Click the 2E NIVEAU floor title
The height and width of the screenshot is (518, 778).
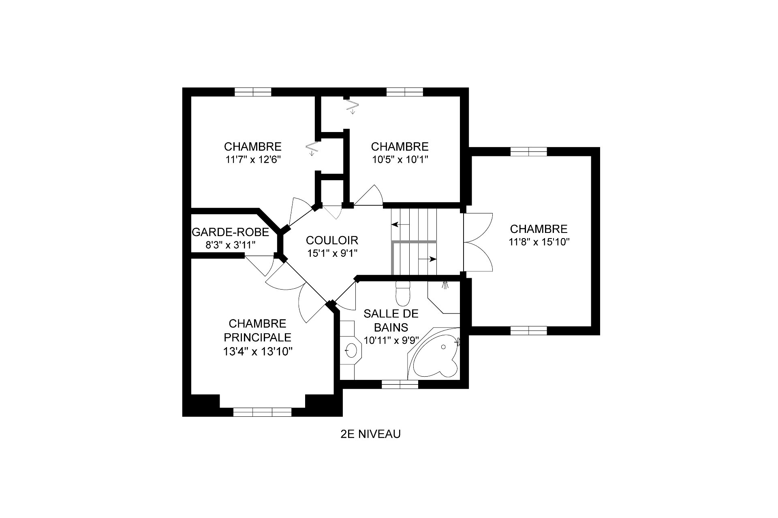[371, 434]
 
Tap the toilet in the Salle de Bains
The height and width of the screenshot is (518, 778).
[403, 293]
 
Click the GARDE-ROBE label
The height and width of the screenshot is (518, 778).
[230, 232]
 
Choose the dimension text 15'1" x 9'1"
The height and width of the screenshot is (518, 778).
[332, 254]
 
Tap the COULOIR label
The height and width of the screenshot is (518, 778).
[332, 240]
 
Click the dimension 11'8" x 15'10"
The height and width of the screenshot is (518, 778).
[539, 242]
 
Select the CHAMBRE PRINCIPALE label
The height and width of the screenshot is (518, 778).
[258, 330]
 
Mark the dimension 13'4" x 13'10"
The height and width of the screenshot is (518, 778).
[258, 352]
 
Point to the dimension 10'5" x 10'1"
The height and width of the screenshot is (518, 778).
[400, 160]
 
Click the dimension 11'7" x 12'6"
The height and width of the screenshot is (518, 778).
[253, 160]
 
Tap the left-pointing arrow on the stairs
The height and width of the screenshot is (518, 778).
[400, 224]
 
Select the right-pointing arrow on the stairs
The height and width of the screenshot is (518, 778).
[427, 259]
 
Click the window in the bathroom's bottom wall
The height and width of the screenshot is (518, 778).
[400, 384]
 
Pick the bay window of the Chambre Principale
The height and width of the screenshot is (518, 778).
[262, 412]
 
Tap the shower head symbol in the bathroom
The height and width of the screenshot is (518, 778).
[445, 285]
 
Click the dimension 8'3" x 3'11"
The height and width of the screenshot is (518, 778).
[230, 245]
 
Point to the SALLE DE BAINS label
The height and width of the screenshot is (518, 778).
[391, 320]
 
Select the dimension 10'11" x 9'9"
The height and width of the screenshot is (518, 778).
[391, 341]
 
